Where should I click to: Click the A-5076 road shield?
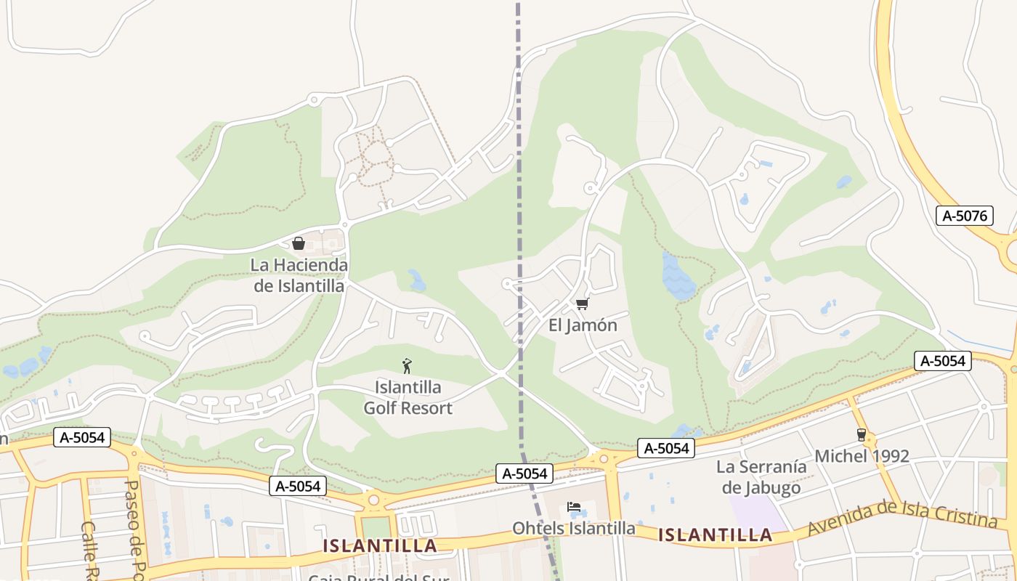(x=964, y=216)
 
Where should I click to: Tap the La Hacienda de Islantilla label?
(x=299, y=275)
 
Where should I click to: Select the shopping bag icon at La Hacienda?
(x=298, y=243)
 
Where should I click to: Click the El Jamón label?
(x=583, y=325)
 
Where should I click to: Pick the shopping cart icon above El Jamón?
(x=581, y=304)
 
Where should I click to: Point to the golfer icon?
(x=407, y=366)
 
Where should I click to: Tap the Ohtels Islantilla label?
(x=573, y=528)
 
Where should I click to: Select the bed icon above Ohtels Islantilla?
(x=574, y=506)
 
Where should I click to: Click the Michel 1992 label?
(x=862, y=456)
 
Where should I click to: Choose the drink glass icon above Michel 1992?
(x=862, y=434)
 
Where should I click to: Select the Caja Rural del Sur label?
(x=379, y=577)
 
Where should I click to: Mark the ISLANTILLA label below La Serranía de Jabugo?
(x=715, y=535)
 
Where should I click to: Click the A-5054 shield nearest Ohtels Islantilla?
(x=524, y=474)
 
